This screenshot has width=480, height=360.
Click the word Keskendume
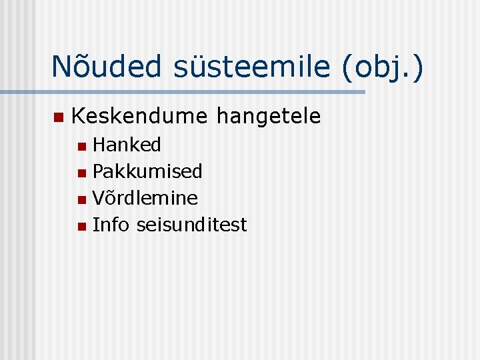pos(139,117)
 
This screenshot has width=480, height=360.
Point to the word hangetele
pos(269,117)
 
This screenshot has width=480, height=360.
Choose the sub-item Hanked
pos(127,145)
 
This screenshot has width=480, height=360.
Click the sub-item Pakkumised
pos(147,171)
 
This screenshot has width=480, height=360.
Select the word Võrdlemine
pos(145,198)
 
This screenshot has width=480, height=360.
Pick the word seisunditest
pos(191,225)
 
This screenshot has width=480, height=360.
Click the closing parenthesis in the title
pos(417,68)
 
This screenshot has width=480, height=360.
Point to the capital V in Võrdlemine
pos(99,198)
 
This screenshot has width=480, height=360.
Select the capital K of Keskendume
pos(78,117)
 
